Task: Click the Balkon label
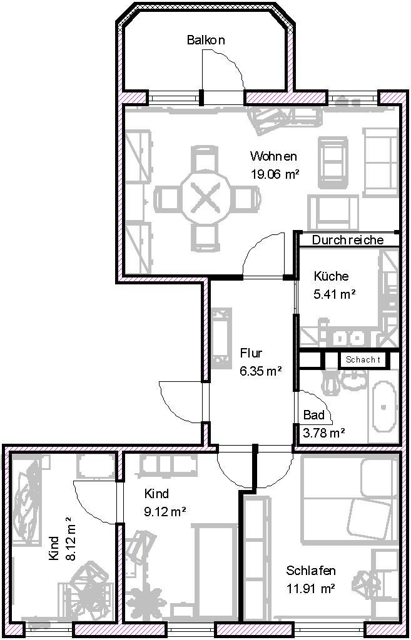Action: pos(206,40)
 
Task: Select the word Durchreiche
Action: pos(348,240)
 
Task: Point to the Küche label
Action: pos(331,276)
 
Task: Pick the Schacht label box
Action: pos(363,360)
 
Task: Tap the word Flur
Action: pos(251,352)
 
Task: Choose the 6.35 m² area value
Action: pos(261,371)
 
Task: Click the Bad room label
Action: pos(314,415)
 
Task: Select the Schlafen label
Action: pos(311,570)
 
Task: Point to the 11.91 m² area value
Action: pos(311,589)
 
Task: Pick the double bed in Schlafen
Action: pos(349,495)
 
